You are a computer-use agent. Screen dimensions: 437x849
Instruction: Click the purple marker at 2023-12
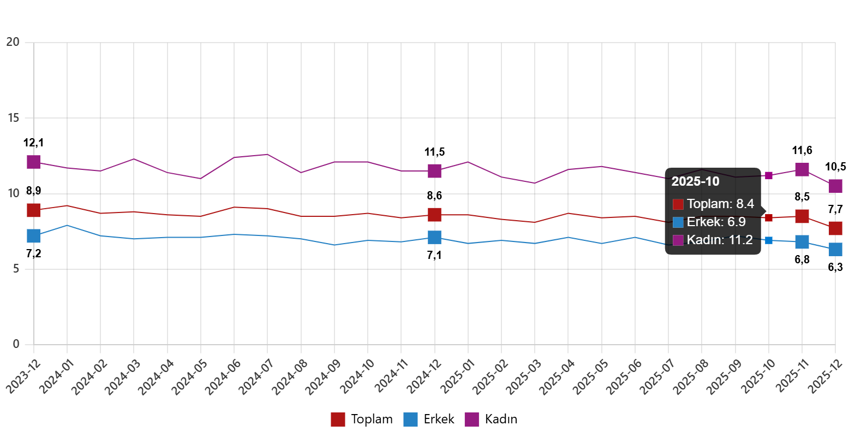click(x=34, y=162)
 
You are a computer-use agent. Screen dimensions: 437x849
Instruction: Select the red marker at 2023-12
click(x=34, y=210)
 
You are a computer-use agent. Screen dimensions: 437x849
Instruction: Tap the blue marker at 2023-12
click(x=34, y=236)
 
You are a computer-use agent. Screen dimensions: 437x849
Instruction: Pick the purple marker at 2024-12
click(x=434, y=171)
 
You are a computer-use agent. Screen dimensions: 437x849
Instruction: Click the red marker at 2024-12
click(x=434, y=214)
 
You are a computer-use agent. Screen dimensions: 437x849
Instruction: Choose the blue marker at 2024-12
click(x=434, y=237)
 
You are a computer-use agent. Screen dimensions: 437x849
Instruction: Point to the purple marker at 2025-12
click(x=835, y=186)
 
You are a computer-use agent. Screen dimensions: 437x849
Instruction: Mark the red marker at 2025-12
click(x=835, y=228)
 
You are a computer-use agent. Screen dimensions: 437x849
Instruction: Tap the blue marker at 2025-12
click(x=835, y=249)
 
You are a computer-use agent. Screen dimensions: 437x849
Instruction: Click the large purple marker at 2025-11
click(x=802, y=169)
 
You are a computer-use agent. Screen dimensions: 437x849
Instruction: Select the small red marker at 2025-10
click(x=769, y=218)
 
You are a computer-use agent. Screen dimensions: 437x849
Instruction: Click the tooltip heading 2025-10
click(x=695, y=182)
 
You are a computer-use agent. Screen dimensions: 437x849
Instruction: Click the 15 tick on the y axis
click(x=13, y=117)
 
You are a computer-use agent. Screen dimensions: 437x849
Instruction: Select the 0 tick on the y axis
click(x=16, y=344)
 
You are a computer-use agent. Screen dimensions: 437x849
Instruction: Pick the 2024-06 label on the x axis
click(x=221, y=378)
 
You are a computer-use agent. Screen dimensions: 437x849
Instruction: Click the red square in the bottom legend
click(x=338, y=420)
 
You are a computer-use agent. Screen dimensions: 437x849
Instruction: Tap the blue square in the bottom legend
click(x=410, y=420)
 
